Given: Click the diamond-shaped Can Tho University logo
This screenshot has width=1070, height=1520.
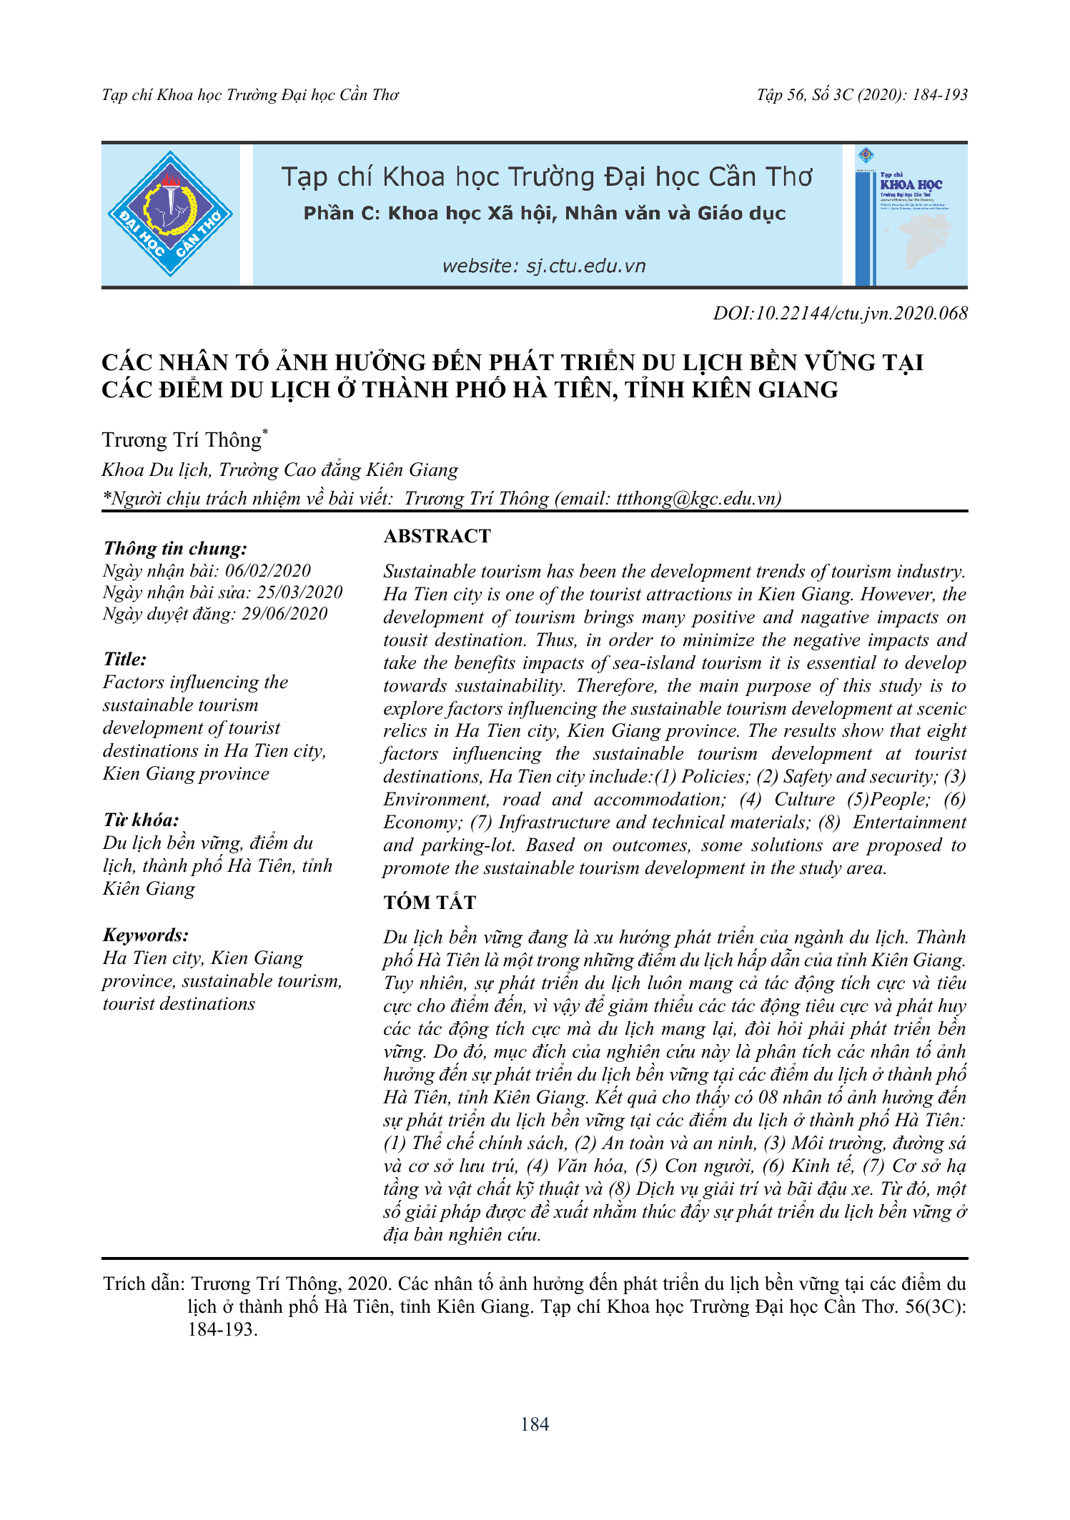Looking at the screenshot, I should point(170,214).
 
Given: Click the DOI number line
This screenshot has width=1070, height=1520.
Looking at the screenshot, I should point(840,313).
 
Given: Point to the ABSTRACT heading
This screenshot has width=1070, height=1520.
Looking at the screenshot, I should point(437,536).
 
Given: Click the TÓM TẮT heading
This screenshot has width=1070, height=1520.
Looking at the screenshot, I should point(429,902).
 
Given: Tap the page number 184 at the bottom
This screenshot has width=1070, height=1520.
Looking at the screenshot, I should point(535,1424).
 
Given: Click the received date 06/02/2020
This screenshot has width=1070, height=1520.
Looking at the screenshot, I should point(268,571).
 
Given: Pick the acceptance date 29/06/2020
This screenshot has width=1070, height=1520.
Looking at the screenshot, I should point(284,614).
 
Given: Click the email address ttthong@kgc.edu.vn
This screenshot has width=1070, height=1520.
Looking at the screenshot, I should point(695,498).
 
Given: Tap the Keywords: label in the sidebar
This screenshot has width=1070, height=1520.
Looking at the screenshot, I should point(146,935).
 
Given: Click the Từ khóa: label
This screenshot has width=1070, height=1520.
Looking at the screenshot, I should point(141,820).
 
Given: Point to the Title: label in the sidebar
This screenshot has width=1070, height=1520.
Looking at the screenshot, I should point(124,659).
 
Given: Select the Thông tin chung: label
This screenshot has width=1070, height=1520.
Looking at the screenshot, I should point(175,548).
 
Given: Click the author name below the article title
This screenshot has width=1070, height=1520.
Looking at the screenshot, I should point(182,439).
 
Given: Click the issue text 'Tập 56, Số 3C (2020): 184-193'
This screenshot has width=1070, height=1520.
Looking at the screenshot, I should point(862,95).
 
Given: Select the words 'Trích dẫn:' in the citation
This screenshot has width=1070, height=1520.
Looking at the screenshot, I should point(144,1283).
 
